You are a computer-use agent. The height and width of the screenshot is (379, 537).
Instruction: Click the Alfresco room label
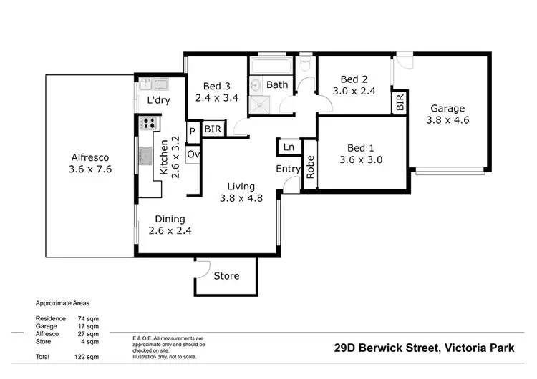click(x=90, y=164)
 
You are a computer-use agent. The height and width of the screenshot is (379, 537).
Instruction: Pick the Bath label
click(x=277, y=84)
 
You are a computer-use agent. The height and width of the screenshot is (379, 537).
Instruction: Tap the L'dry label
click(x=158, y=100)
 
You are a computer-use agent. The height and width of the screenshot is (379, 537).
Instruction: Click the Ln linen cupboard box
click(x=289, y=147)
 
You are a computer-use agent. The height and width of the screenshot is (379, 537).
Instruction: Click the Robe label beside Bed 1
click(x=310, y=167)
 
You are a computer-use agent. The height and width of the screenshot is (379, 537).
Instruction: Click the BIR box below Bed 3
click(x=213, y=129)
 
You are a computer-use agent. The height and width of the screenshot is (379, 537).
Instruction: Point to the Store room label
click(x=226, y=276)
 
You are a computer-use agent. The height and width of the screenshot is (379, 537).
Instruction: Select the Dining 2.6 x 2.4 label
click(x=170, y=225)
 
